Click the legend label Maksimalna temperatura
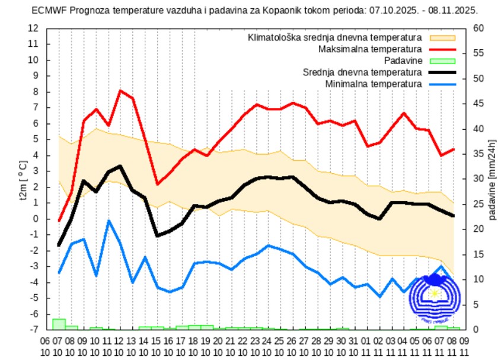(370, 49)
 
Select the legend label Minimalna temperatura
(374, 84)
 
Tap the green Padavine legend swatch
(442, 60)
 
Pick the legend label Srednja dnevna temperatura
(362, 72)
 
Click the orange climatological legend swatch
(442, 37)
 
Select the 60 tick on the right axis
(478, 28)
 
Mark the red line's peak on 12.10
(120, 91)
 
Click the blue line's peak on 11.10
(109, 221)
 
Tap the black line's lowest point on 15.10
(157, 235)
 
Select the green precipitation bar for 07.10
(59, 324)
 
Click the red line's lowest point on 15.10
(157, 184)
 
